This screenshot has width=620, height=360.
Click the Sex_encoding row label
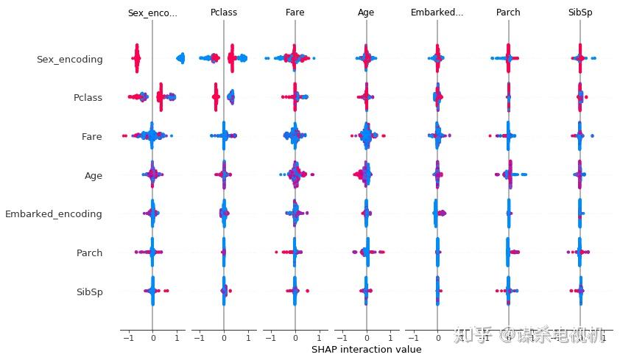[69, 60]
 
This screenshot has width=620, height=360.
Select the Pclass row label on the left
[88, 98]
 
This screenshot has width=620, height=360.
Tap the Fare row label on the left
[92, 137]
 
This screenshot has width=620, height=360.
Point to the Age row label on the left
[94, 176]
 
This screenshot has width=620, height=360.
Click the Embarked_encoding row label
[54, 214]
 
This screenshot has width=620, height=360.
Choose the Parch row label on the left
[89, 253]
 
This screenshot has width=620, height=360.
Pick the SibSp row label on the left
[89, 292]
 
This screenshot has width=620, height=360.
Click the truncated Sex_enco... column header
[152, 13]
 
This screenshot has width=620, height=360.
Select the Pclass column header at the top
[224, 13]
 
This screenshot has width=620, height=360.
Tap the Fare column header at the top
[295, 13]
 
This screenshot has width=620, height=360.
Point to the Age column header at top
[366, 13]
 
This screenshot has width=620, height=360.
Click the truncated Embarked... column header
[437, 13]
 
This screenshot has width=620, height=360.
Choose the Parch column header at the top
[508, 13]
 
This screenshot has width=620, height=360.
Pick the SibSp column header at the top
[580, 13]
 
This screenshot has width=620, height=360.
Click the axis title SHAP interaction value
[366, 350]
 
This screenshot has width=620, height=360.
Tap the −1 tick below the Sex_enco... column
[127, 338]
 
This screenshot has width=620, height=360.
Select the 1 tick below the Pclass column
[248, 338]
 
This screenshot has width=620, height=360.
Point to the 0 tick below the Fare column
[295, 338]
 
